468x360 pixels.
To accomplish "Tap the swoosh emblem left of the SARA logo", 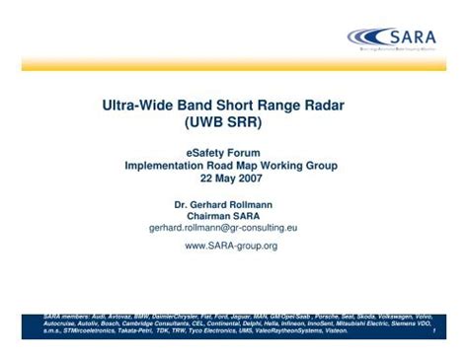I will point(366,37).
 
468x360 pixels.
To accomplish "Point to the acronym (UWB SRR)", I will point(234,123).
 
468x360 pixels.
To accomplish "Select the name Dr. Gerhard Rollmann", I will point(233,203).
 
